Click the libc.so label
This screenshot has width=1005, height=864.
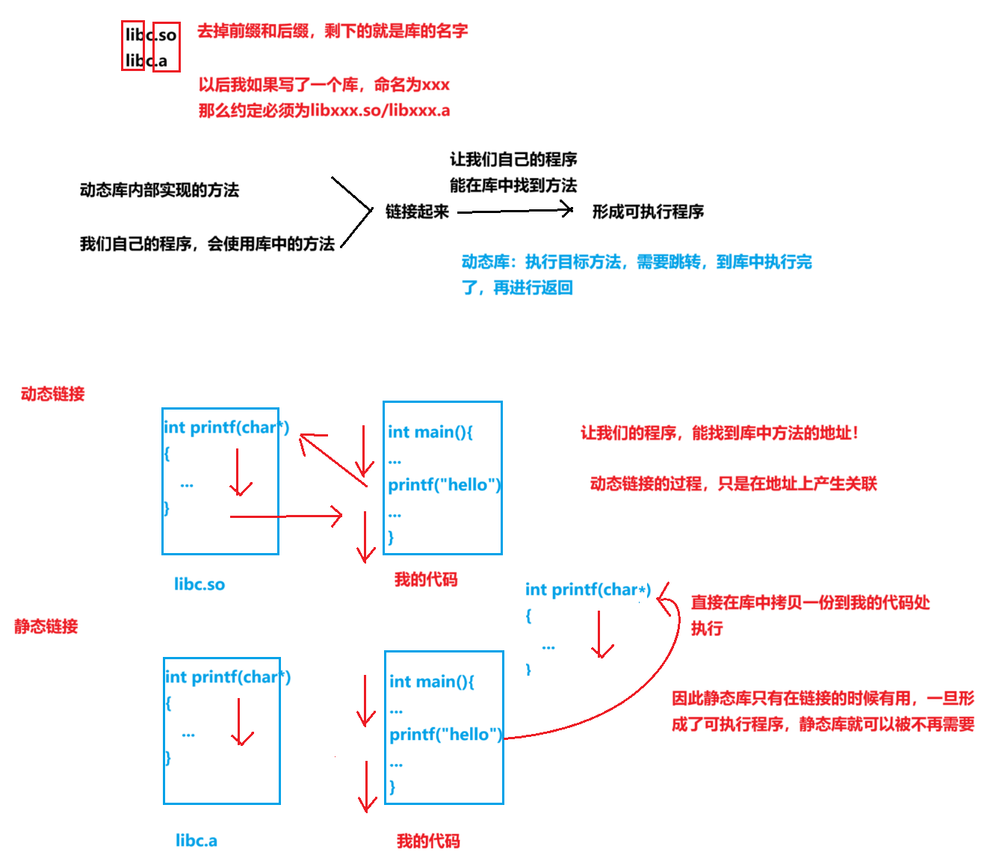pos(200,584)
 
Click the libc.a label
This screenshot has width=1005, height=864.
pos(197,841)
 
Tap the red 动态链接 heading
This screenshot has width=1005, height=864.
pos(53,394)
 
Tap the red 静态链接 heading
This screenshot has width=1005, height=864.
pos(46,626)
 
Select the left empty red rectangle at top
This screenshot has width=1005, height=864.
pos(133,46)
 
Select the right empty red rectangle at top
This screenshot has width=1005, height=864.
pos(167,47)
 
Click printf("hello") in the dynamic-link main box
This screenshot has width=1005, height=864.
pos(445,485)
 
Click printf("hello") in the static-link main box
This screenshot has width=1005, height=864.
pos(446,735)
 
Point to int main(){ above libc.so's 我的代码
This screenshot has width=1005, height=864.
pos(430,432)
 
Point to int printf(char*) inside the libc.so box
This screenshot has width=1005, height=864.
pos(226,428)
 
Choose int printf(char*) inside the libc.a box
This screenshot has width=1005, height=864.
pos(228,677)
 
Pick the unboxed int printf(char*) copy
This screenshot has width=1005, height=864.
pos(588,590)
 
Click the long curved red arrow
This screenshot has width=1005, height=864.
pos(635,695)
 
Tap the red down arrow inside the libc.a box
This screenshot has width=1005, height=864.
pos(241,722)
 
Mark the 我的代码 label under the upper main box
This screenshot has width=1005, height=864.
pos(426,579)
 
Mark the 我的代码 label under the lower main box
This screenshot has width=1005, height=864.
pos(428,841)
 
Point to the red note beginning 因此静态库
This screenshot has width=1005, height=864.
pos(823,712)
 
